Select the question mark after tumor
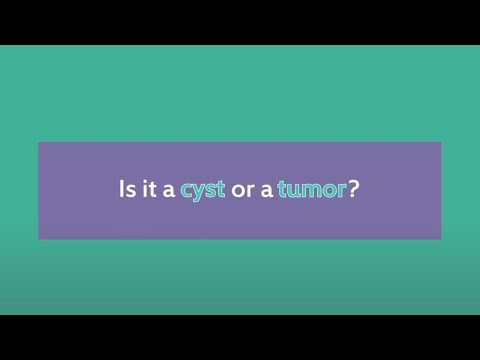click(354, 189)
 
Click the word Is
click(126, 189)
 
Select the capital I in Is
click(122, 189)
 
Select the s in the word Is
click(130, 190)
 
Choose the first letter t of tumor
click(284, 189)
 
